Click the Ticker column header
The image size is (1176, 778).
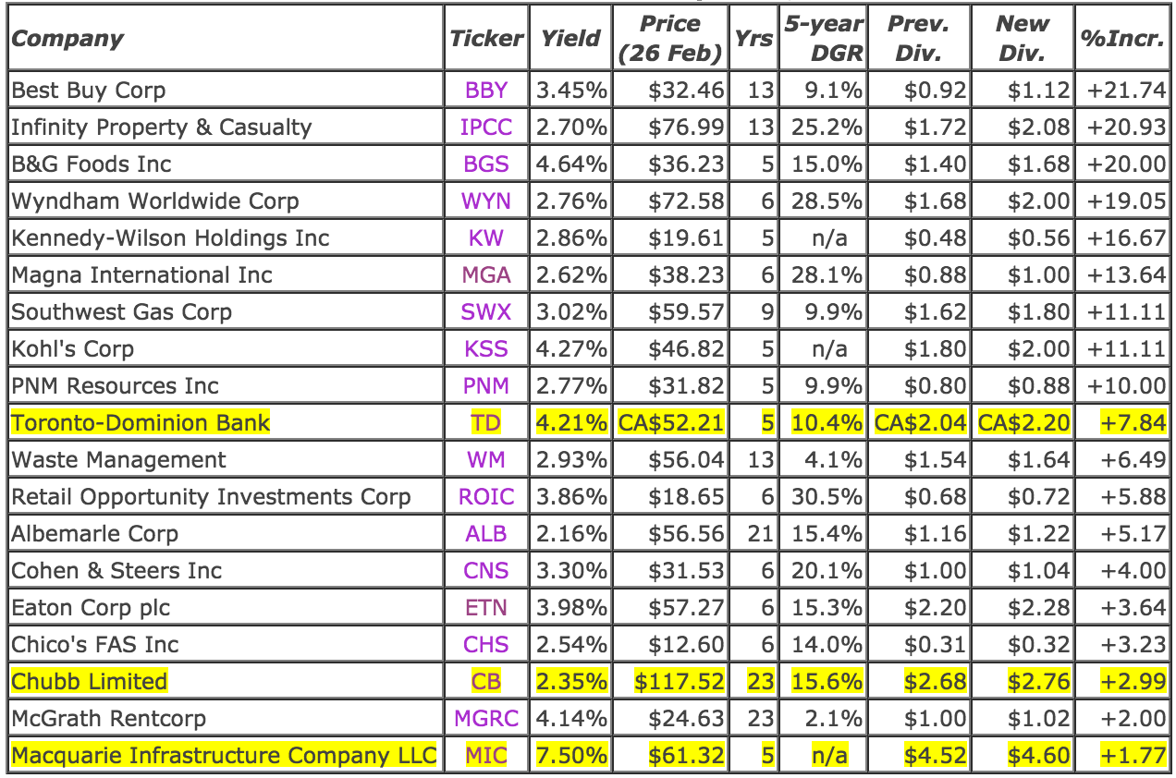486,38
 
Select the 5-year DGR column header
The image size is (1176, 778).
823,38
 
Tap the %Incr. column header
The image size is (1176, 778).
1122,38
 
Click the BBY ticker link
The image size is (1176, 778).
486,91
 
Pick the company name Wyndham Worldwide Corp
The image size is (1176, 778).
155,201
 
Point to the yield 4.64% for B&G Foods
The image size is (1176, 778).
571,164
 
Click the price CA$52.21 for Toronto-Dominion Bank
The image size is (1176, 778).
670,423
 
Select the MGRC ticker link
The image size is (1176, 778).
486,719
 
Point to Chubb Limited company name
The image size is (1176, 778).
90,682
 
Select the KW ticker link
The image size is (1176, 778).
486,238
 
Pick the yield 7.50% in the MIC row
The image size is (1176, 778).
571,756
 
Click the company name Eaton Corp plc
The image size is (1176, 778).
91,608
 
